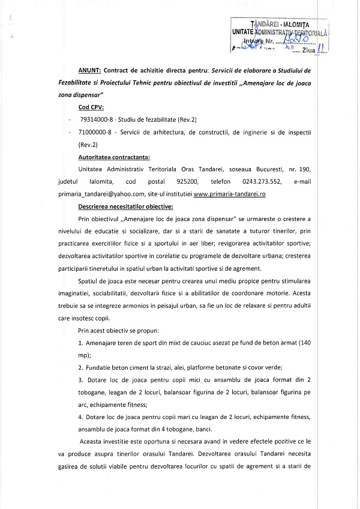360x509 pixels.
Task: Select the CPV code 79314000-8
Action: [x=97, y=121]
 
